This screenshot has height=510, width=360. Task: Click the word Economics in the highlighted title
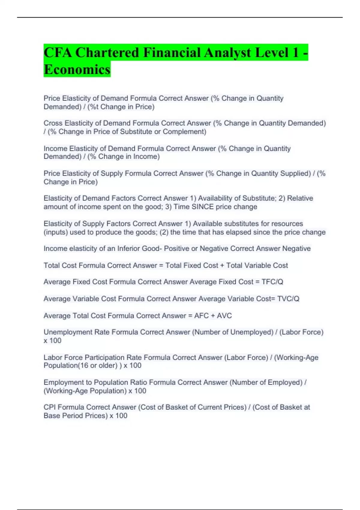click(77, 69)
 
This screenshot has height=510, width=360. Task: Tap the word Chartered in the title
click(107, 52)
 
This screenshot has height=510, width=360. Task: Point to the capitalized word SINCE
click(202, 207)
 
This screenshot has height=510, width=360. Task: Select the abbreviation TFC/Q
click(272, 282)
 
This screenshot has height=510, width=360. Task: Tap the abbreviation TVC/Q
click(288, 299)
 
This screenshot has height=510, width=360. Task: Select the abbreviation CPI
click(49, 407)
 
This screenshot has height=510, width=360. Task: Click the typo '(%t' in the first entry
click(93, 107)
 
